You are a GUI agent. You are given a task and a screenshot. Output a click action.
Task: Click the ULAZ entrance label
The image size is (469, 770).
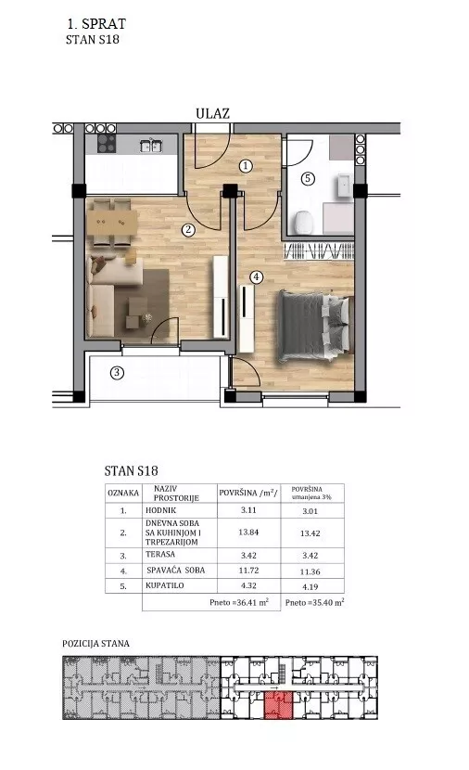pos(212,113)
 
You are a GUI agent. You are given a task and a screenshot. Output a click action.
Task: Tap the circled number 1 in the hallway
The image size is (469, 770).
pos(246,166)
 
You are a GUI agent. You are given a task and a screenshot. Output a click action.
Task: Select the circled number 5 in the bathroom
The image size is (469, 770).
pos(308,178)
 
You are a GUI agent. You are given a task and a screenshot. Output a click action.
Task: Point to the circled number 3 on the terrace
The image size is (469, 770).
pos(116,373)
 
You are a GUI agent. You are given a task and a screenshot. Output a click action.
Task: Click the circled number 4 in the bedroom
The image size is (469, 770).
pos(256,277)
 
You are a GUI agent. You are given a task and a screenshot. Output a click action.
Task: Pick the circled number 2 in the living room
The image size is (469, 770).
pos(188,230)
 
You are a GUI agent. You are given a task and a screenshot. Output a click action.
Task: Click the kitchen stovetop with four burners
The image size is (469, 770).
pos(107,144)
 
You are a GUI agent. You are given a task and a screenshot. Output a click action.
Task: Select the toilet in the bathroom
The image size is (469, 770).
pos(302,223)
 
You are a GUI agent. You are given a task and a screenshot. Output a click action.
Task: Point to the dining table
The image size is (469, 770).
pos(112,224)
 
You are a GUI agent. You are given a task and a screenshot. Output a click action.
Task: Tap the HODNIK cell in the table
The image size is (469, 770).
pos(161,510)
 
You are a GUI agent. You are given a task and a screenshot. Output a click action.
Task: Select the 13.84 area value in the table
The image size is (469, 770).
pos(248,532)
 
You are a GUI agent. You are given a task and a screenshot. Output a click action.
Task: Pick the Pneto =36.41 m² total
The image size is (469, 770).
pos(239,602)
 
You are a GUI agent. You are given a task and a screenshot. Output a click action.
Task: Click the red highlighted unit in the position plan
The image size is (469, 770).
pos(279,705)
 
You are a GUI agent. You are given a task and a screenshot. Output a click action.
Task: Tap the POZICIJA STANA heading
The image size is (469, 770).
pos(95,643)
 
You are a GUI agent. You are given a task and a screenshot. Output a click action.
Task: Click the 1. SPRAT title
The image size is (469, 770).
pos(96,23)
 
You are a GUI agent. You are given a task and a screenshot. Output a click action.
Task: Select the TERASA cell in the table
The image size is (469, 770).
pos(160,554)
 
